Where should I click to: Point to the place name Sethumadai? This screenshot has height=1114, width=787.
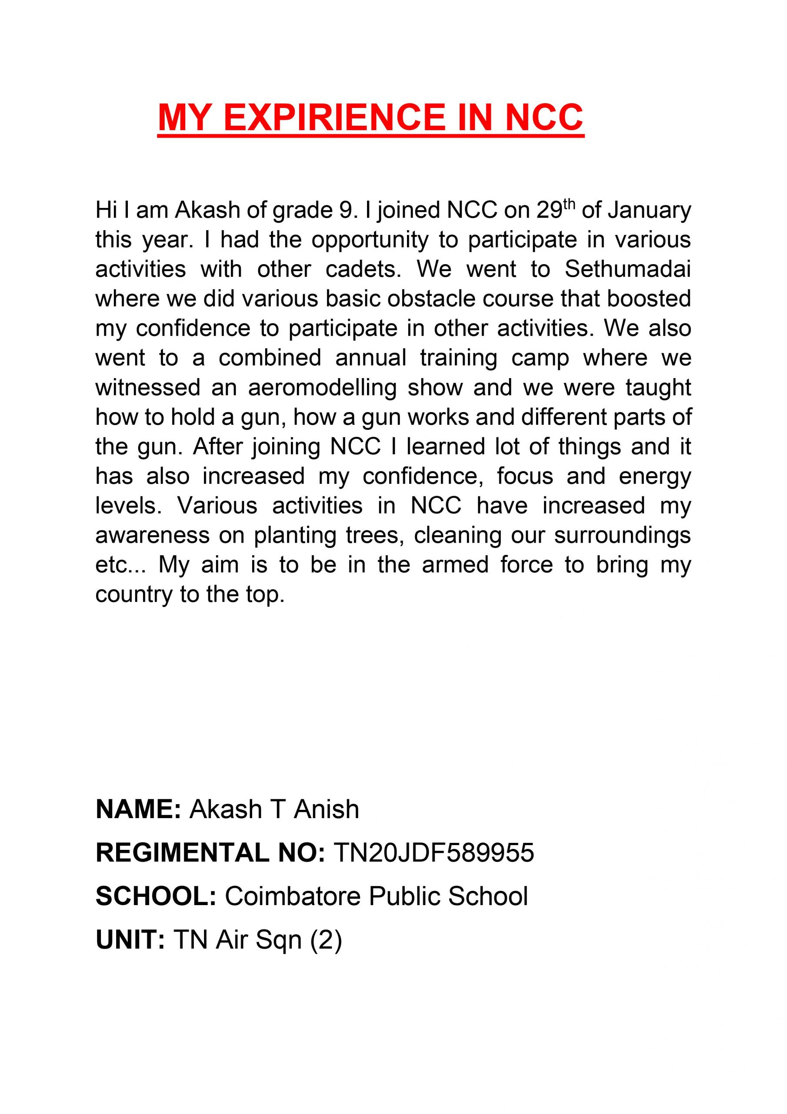point(627,270)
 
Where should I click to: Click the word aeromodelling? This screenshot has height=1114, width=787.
point(322,388)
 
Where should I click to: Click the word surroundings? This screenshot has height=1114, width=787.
point(622,536)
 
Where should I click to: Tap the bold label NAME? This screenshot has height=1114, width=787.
point(138,809)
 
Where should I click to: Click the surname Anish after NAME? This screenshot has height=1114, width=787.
point(327,809)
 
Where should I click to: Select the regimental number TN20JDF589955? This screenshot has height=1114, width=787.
point(434,852)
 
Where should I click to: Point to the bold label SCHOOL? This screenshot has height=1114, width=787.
point(156,896)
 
